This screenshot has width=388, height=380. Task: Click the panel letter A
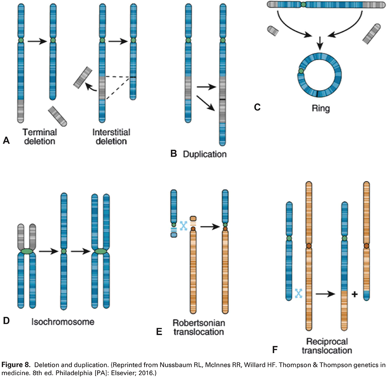[x=6, y=141]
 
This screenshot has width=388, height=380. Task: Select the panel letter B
[x=173, y=154]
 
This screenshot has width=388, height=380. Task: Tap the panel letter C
[x=257, y=107]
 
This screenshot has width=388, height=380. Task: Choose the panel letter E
[x=160, y=332]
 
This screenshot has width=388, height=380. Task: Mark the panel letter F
[x=276, y=349]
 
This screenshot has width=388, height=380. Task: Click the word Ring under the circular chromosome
[x=320, y=110]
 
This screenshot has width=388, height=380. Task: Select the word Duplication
[x=204, y=155]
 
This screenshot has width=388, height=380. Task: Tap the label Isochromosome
[x=63, y=322]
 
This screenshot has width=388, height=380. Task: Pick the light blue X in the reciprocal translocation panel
[x=299, y=293]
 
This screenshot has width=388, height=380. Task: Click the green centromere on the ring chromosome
[x=301, y=71]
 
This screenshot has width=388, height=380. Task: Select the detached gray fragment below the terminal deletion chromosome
[x=58, y=115]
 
